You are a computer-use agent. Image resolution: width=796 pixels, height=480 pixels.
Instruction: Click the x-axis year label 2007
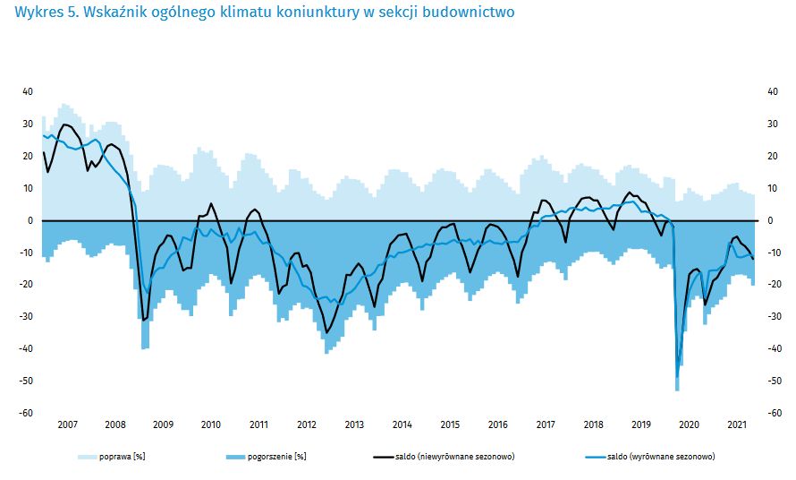click(x=67, y=424)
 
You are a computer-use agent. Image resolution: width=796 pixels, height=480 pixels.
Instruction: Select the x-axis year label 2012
click(x=306, y=424)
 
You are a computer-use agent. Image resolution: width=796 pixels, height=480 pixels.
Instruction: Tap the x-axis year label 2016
click(x=497, y=424)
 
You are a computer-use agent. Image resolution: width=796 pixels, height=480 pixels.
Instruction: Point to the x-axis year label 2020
click(x=690, y=424)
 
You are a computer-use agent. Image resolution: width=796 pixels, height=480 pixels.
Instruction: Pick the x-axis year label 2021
click(x=737, y=424)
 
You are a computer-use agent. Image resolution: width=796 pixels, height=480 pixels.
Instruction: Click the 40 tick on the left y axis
click(x=27, y=91)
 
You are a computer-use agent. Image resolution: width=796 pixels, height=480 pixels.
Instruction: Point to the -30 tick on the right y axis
click(x=775, y=316)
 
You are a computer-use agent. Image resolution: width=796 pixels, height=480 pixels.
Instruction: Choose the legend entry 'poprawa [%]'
click(x=122, y=457)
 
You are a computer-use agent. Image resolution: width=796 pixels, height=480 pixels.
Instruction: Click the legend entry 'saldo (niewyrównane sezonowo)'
click(x=454, y=457)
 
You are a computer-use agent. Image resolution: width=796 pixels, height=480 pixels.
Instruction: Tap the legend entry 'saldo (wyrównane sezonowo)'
click(x=660, y=457)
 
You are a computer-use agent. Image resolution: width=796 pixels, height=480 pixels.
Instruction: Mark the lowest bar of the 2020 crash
click(x=677, y=387)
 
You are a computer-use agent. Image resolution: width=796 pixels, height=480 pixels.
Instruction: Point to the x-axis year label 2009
click(x=163, y=424)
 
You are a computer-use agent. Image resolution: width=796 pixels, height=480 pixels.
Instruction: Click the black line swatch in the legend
click(x=382, y=457)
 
